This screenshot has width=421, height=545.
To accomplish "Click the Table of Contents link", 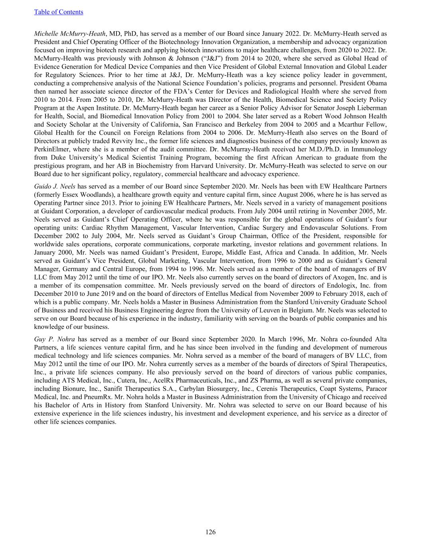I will (x=59, y=12).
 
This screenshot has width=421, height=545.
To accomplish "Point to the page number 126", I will (x=210, y=532).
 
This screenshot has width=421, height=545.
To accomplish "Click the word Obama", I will (x=377, y=83).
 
